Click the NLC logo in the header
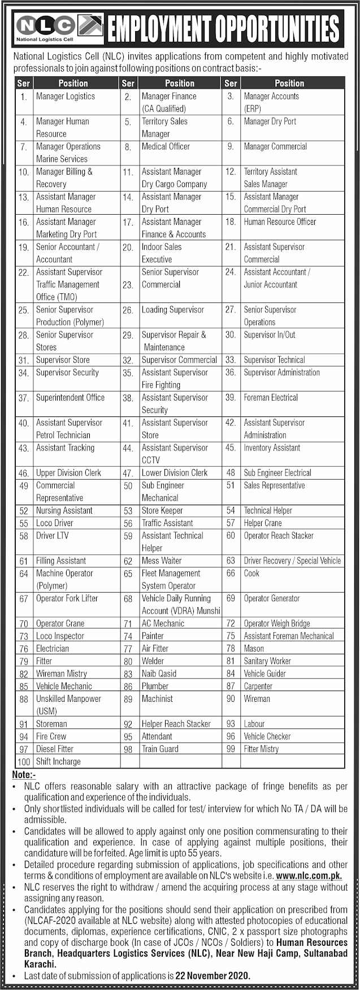[x=45, y=26]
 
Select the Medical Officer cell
[x=166, y=146]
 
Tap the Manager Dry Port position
[x=270, y=121]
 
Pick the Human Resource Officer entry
[x=280, y=222]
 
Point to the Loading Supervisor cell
[x=172, y=310]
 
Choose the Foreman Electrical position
[x=271, y=398]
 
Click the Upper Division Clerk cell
[x=68, y=473]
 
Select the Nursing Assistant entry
[x=64, y=511]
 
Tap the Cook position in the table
[x=251, y=574]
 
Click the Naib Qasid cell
[x=159, y=674]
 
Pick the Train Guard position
[x=160, y=749]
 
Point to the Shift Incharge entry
[x=58, y=762]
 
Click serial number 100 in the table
[x=24, y=762]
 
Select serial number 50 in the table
[x=128, y=486]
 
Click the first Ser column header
[x=24, y=83]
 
